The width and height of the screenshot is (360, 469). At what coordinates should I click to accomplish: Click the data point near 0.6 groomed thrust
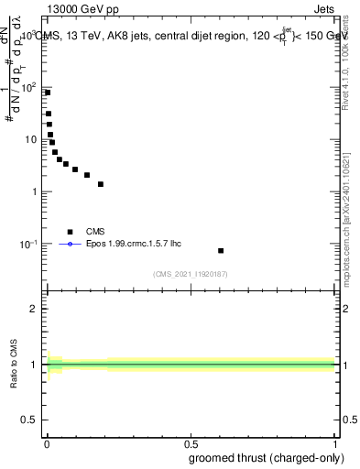point(221,250)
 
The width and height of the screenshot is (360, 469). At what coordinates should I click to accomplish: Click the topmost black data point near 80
point(48,93)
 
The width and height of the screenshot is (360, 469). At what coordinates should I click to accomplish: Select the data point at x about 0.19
point(101,184)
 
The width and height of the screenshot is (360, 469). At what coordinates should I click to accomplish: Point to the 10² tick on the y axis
point(31,87)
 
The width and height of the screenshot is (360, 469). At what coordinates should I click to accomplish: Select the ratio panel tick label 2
point(34,309)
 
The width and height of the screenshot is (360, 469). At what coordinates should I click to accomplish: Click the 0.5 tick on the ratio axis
point(30,420)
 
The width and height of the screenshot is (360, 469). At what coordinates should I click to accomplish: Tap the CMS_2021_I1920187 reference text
point(191,273)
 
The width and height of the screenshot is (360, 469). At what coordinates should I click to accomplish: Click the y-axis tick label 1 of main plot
point(35,191)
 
